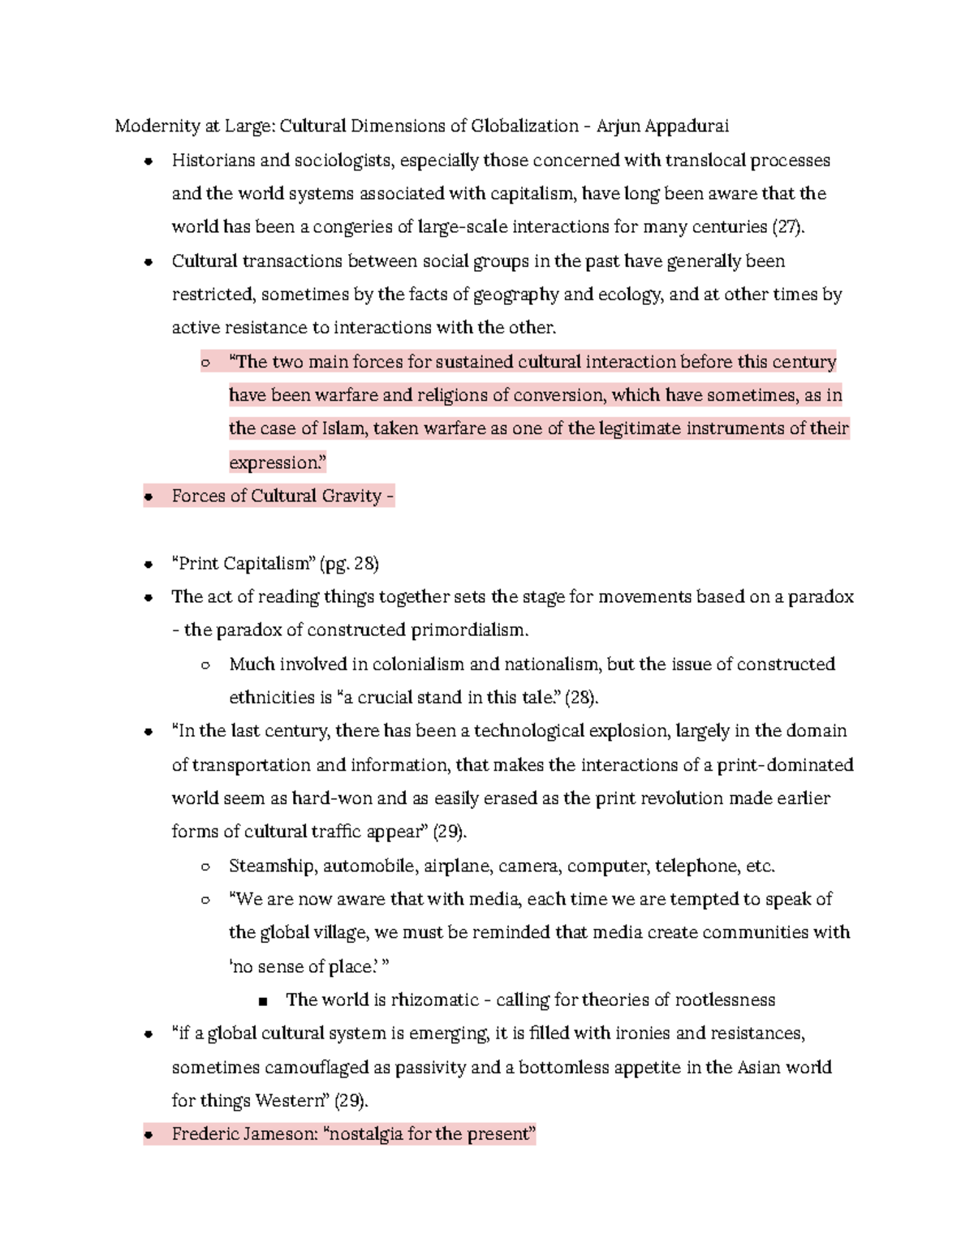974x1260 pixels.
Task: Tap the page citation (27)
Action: click(788, 226)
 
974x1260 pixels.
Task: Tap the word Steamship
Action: click(272, 866)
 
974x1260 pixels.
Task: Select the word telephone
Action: click(697, 866)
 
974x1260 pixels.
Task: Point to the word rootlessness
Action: click(726, 1000)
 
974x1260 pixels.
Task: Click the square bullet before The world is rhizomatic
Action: click(262, 1000)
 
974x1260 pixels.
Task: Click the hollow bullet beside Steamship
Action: click(205, 867)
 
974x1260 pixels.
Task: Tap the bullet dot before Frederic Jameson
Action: click(148, 1135)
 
